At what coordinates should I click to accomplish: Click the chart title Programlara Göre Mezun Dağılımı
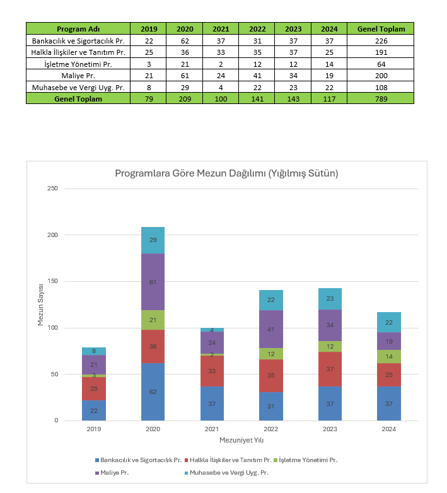coord(226,173)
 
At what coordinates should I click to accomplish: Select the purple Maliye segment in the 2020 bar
coord(153,282)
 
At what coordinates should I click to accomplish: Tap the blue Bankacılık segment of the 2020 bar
coord(153,391)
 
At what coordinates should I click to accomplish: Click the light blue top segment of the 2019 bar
coord(94,351)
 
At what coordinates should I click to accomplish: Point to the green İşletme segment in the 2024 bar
coord(389,356)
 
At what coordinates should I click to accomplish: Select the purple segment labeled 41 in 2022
coord(271,329)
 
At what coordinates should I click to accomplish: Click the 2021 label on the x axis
coord(212,429)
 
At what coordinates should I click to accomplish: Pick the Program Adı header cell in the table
coord(78,29)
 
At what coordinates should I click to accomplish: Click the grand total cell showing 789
coord(380,98)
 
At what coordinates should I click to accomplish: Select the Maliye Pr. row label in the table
coord(78,75)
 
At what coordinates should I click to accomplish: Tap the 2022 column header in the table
coord(257,29)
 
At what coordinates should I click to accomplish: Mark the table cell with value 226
coord(380,40)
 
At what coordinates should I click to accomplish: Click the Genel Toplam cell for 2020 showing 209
coord(185,98)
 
